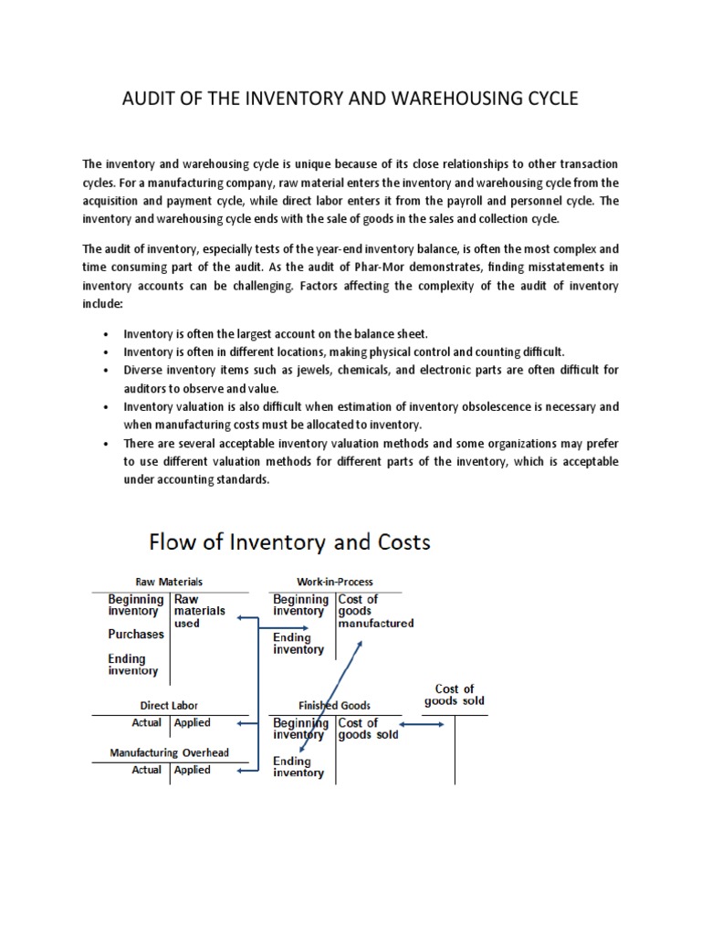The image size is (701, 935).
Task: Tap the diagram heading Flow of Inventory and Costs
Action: point(289,541)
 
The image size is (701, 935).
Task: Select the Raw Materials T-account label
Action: point(169,582)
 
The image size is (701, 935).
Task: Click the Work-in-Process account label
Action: point(335,582)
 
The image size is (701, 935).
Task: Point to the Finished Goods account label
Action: point(336,706)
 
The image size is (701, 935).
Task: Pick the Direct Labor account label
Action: point(169,706)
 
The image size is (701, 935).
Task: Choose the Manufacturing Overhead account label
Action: point(170,753)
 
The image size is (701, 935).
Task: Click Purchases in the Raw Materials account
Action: point(136,635)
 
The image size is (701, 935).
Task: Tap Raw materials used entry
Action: point(200,611)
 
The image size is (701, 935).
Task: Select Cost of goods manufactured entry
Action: point(375,612)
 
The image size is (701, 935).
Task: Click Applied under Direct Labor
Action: point(193,723)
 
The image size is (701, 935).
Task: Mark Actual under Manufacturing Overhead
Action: point(147,771)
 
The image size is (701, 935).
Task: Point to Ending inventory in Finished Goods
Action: point(298,767)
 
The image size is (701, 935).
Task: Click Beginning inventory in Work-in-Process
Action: point(299,605)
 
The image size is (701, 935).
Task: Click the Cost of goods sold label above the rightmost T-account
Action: point(454,696)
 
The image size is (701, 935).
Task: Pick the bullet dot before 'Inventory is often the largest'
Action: point(108,335)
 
